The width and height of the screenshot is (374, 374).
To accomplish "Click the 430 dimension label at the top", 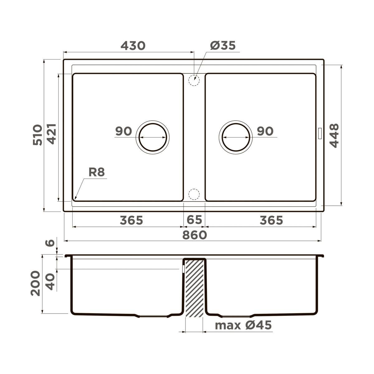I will point(133,46).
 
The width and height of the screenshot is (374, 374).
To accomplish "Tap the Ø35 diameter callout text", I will point(223,46).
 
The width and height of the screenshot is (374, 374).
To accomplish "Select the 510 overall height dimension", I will point(37,135).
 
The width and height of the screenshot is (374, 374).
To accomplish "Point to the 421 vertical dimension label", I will point(51,134).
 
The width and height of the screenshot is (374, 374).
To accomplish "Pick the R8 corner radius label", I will point(97,172).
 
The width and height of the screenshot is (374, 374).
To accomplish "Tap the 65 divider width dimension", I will point(194,220).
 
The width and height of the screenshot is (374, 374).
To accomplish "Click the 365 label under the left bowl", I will point(131,220).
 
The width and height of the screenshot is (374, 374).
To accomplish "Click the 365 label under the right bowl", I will point(271,220).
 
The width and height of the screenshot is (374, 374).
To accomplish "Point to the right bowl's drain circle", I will point(236,137).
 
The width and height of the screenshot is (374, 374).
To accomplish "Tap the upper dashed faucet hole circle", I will point(194,80).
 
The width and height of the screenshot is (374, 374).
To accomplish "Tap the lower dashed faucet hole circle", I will point(194,194).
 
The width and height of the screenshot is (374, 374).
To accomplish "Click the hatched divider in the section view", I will point(194,288).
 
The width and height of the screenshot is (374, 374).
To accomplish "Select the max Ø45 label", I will point(243,325).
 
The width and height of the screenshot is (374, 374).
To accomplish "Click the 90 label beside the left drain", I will point(123,131).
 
